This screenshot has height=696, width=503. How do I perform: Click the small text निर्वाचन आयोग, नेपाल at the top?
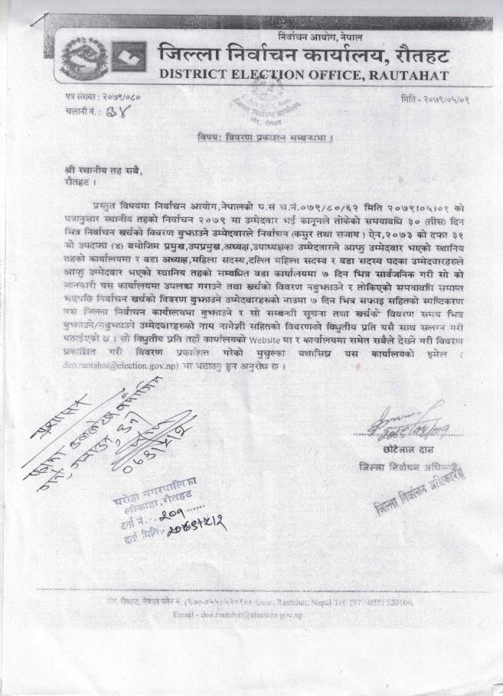point(320,37)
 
